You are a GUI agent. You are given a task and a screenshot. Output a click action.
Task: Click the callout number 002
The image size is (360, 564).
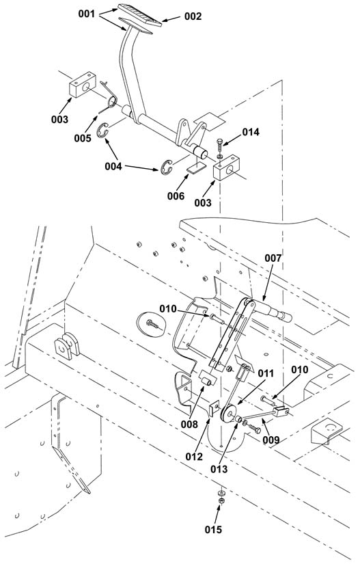[193, 16]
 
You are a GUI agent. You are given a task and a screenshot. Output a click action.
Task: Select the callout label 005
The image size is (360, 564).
[83, 138]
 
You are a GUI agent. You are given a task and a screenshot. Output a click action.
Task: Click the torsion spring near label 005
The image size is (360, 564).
[109, 96]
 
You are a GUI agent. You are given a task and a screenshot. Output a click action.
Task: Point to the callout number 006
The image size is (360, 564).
[176, 196]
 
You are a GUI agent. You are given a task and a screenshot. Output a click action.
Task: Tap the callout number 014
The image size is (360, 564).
[251, 133]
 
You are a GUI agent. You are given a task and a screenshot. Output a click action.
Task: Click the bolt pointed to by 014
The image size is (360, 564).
[220, 149]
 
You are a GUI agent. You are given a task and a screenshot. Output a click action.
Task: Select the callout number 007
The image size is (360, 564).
[273, 258]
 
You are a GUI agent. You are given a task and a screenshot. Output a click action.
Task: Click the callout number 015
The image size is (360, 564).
[213, 529]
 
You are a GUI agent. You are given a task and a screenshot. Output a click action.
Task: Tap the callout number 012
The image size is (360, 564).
[194, 457]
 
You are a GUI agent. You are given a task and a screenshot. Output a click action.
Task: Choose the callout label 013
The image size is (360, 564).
[219, 469]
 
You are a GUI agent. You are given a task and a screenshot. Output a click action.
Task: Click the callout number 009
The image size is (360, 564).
[271, 440]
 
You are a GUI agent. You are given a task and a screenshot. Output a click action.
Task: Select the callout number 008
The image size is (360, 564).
[189, 425]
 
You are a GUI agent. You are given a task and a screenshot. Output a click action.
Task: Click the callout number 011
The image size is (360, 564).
[266, 374]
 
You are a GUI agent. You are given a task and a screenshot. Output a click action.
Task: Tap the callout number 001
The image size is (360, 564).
[87, 14]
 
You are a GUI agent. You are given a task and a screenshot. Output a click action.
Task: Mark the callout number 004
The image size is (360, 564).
[113, 166]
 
